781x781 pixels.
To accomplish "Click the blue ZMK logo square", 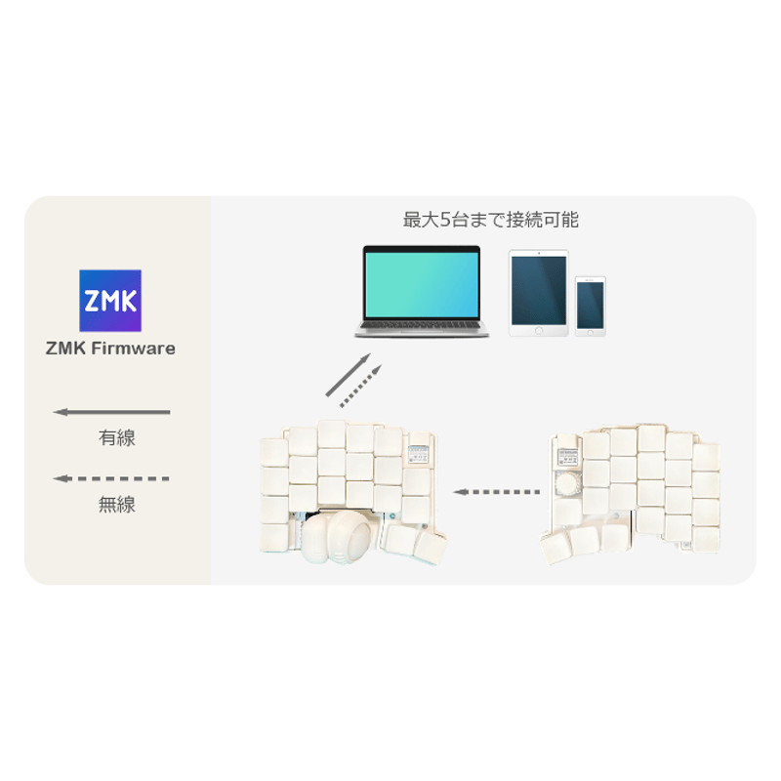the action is (110, 301).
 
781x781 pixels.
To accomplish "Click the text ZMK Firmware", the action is (110, 349).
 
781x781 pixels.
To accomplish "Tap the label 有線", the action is (117, 437).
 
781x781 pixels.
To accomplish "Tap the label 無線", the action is (117, 505).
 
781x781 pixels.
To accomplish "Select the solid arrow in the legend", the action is (111, 412).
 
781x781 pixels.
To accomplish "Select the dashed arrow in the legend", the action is (111, 478).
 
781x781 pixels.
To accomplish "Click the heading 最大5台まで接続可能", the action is (491, 220).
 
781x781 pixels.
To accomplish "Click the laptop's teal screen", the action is (422, 284).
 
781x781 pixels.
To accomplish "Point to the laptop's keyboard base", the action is (422, 329).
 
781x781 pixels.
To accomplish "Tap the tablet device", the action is (539, 293).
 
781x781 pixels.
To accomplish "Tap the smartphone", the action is (591, 307).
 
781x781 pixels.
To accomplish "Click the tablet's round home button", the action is (539, 330).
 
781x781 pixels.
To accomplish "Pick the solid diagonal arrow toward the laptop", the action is (349, 375).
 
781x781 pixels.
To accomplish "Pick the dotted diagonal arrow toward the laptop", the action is (361, 386).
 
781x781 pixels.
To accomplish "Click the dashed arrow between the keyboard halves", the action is (497, 492).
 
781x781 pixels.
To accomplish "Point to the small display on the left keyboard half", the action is (419, 454).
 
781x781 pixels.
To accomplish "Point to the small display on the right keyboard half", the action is (567, 457).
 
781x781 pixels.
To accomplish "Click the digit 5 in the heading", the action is (445, 220).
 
